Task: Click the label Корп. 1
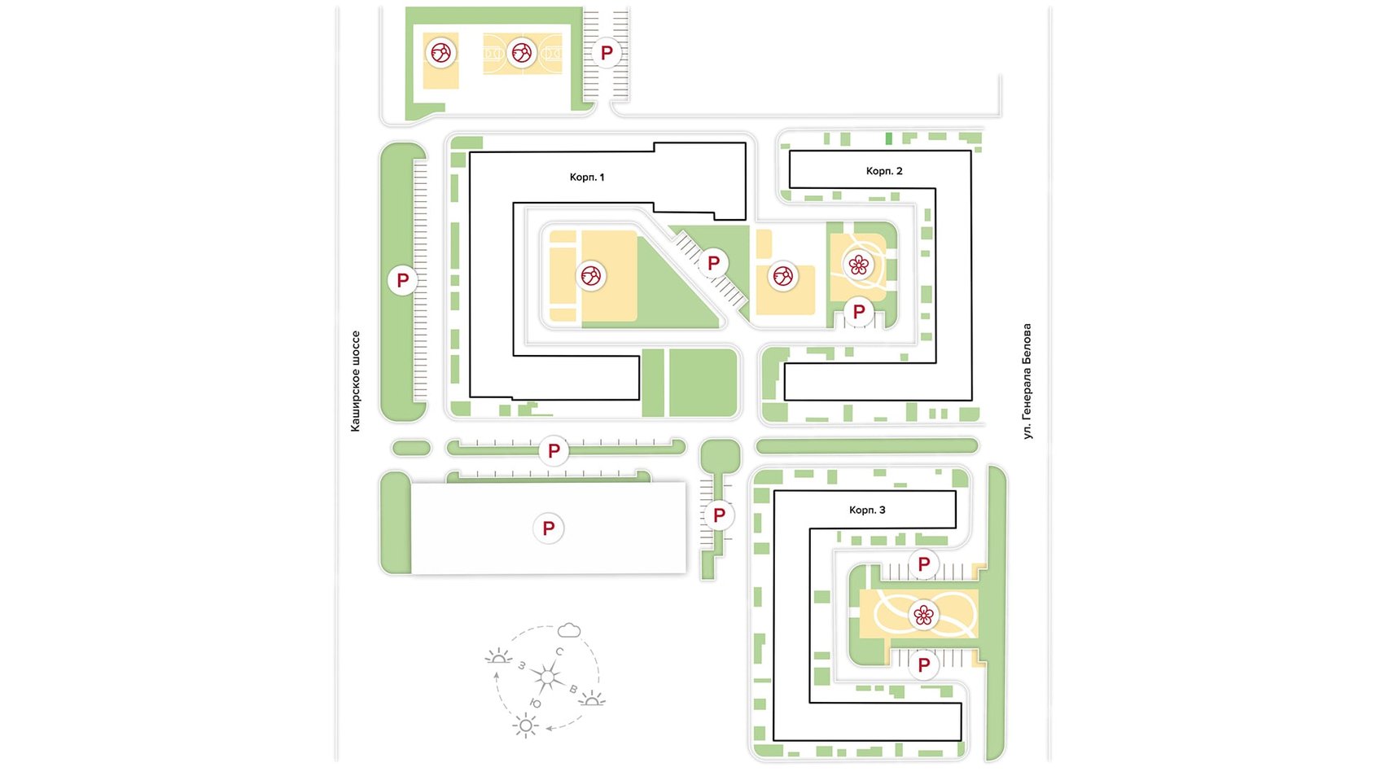pos(586,178)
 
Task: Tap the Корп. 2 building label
pos(884,171)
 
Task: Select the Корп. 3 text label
pos(867,511)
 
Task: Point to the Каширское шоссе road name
pos(356,381)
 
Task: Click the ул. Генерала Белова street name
pos(1027,381)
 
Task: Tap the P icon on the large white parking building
pos(548,528)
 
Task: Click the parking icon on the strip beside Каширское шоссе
pos(402,280)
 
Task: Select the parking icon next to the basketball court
pos(607,53)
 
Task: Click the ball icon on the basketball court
pos(521,53)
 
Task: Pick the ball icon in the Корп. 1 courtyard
pos(590,275)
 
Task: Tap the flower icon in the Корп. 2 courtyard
pos(858,265)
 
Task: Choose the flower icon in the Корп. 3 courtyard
pos(923,615)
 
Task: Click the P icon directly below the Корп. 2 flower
pos(858,313)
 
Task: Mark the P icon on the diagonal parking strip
pos(713,264)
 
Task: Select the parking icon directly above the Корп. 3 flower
pos(923,564)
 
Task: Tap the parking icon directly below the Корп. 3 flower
pos(923,665)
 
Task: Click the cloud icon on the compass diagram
pos(568,630)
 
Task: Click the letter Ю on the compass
pos(536,704)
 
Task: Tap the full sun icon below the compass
pos(525,726)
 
